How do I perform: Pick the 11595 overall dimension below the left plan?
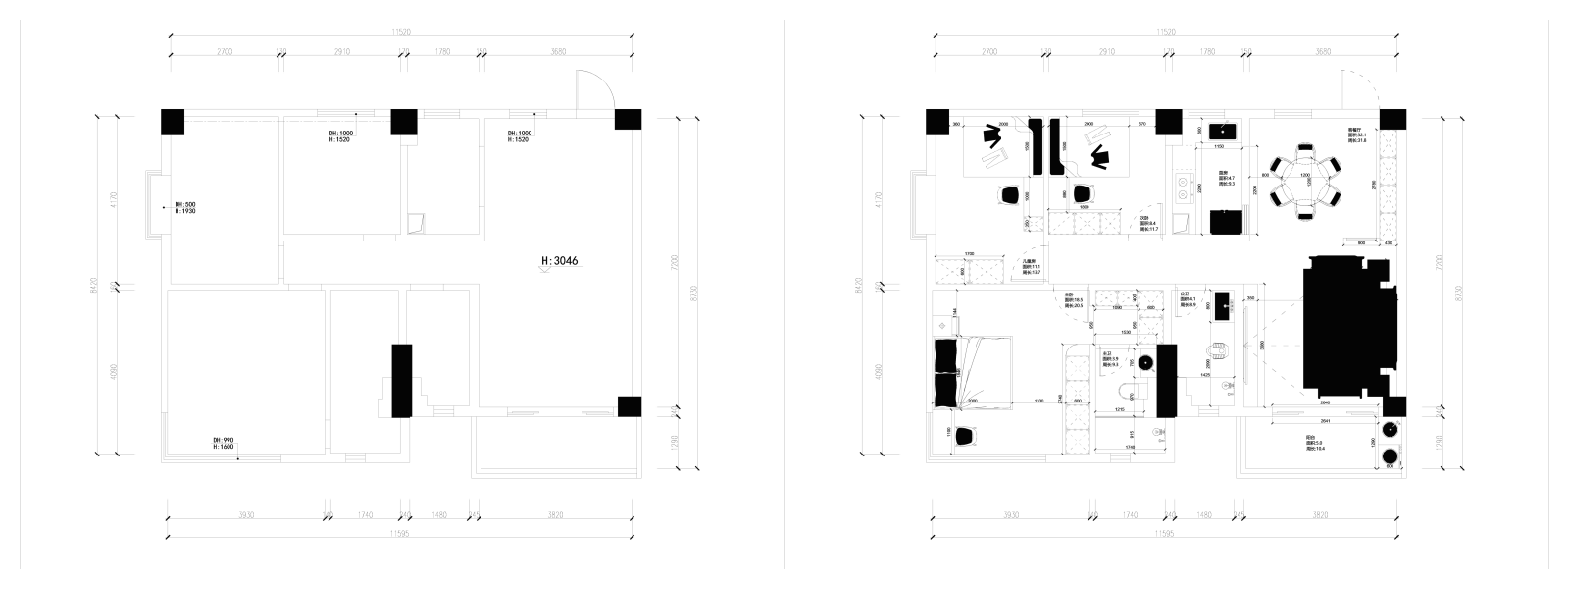tap(398, 534)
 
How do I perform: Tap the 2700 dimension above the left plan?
tap(224, 51)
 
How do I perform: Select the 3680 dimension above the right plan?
tap(1322, 51)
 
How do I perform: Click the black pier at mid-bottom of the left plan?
tap(401, 380)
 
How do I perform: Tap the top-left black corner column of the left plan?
tap(173, 121)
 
